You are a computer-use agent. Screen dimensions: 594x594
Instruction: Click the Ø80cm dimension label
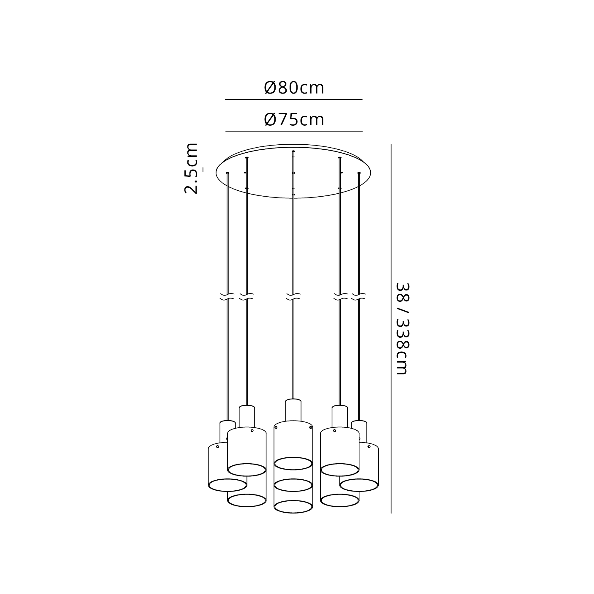[x=294, y=88]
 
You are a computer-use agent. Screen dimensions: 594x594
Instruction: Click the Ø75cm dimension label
[x=294, y=120]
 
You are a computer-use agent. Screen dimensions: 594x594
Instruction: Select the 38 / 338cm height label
[x=402, y=328]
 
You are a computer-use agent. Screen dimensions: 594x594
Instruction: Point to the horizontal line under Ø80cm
[x=294, y=99]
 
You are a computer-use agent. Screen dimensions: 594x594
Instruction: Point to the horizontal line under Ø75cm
[x=294, y=131]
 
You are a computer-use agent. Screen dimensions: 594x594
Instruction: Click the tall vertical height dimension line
[x=391, y=329]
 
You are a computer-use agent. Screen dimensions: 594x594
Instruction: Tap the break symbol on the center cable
[x=293, y=296]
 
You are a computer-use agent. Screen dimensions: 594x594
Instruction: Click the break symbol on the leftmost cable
[x=228, y=296]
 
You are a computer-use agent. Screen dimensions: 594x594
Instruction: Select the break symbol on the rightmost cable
[x=359, y=296]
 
